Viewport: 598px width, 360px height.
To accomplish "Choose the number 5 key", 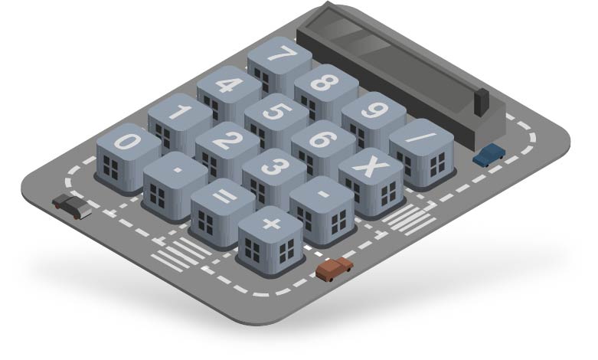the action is [276, 121].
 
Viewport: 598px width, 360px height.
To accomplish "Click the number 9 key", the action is [374, 120].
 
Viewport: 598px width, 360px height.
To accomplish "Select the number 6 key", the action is [323, 149].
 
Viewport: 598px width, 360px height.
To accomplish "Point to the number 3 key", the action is [274, 178].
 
